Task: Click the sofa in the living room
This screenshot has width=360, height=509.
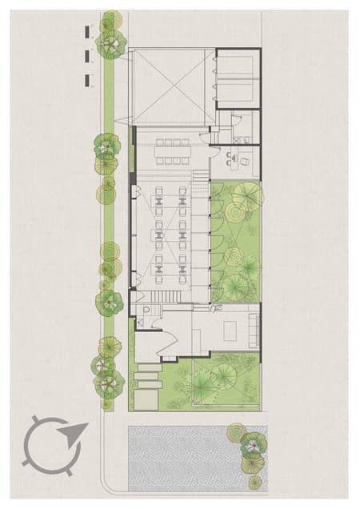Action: pyautogui.click(x=254, y=328)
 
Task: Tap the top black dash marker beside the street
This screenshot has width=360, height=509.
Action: pyautogui.click(x=87, y=31)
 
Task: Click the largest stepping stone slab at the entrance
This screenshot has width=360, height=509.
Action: pyautogui.click(x=149, y=398)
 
